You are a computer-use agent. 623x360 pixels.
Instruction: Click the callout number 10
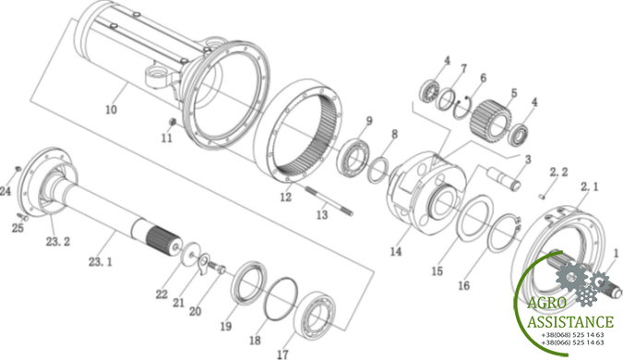click(x=111, y=109)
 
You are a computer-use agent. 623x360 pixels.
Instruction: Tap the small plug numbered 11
click(x=173, y=122)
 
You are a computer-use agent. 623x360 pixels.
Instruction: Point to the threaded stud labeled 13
click(x=329, y=201)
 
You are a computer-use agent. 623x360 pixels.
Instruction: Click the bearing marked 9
click(x=353, y=156)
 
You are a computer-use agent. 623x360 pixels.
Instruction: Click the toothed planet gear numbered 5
click(x=491, y=119)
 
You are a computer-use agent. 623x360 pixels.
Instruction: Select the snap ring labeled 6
click(x=462, y=107)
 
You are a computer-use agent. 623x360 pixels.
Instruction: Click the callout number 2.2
click(x=558, y=173)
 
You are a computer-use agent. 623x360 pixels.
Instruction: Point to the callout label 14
click(x=396, y=251)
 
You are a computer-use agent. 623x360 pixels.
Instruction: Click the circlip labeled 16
click(x=504, y=233)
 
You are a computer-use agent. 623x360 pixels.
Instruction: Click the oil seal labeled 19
click(x=249, y=282)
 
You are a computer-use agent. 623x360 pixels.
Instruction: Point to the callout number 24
click(x=6, y=191)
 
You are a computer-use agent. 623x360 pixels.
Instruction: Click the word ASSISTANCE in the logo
click(x=570, y=321)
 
